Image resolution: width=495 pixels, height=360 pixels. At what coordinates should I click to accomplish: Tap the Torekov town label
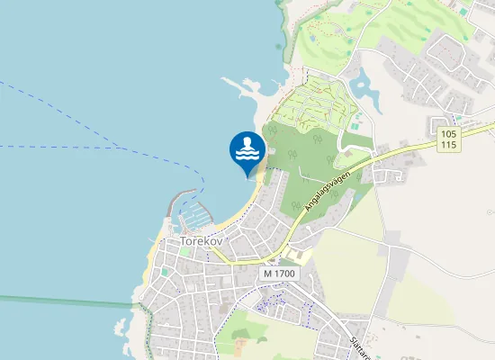[x=201, y=241]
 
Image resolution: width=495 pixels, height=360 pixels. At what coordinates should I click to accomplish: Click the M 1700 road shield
[x=279, y=273]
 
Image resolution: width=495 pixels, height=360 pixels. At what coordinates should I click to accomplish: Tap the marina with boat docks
[x=192, y=217]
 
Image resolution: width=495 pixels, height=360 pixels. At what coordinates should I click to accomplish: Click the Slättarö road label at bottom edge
[x=355, y=346]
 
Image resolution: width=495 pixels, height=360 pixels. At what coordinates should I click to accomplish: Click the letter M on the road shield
[x=269, y=273]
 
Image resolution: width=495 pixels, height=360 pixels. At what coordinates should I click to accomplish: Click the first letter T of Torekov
[x=184, y=241]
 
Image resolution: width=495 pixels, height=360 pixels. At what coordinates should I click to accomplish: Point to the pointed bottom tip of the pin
[x=247, y=176]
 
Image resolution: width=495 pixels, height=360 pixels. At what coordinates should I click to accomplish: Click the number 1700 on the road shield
[x=284, y=273]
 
